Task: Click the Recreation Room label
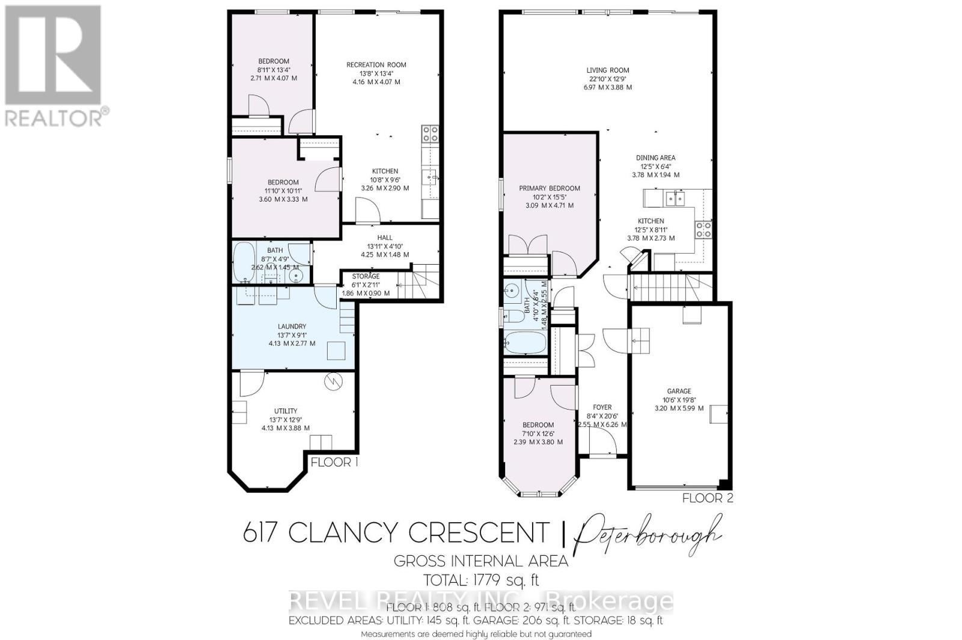tap(376, 65)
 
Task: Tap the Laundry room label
tap(292, 327)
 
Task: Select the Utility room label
tap(286, 411)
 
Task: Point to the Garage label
tap(679, 391)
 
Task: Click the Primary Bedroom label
tap(550, 188)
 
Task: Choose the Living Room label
tap(607, 70)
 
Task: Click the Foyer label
tap(602, 407)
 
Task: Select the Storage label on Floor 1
tap(366, 276)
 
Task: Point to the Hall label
tap(385, 238)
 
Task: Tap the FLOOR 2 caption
tap(708, 498)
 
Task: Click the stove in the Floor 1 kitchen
tap(430, 133)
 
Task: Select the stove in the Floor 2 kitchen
tap(703, 229)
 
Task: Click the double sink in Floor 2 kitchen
tap(677, 198)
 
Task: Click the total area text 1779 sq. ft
tap(482, 580)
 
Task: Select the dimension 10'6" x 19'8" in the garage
tap(679, 399)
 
